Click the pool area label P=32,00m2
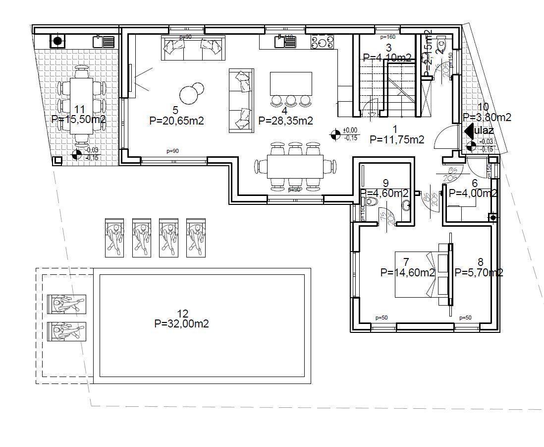181,324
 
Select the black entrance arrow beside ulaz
468,131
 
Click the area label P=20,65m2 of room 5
176,121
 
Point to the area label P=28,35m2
285,121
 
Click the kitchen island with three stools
291,83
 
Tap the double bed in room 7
416,274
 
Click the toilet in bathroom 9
371,202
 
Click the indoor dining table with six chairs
295,167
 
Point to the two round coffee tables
191,92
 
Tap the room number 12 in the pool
182,314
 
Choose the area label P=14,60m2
407,272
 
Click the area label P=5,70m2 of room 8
479,272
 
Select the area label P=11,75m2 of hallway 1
397,140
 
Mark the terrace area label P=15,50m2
78,119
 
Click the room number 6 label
474,183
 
